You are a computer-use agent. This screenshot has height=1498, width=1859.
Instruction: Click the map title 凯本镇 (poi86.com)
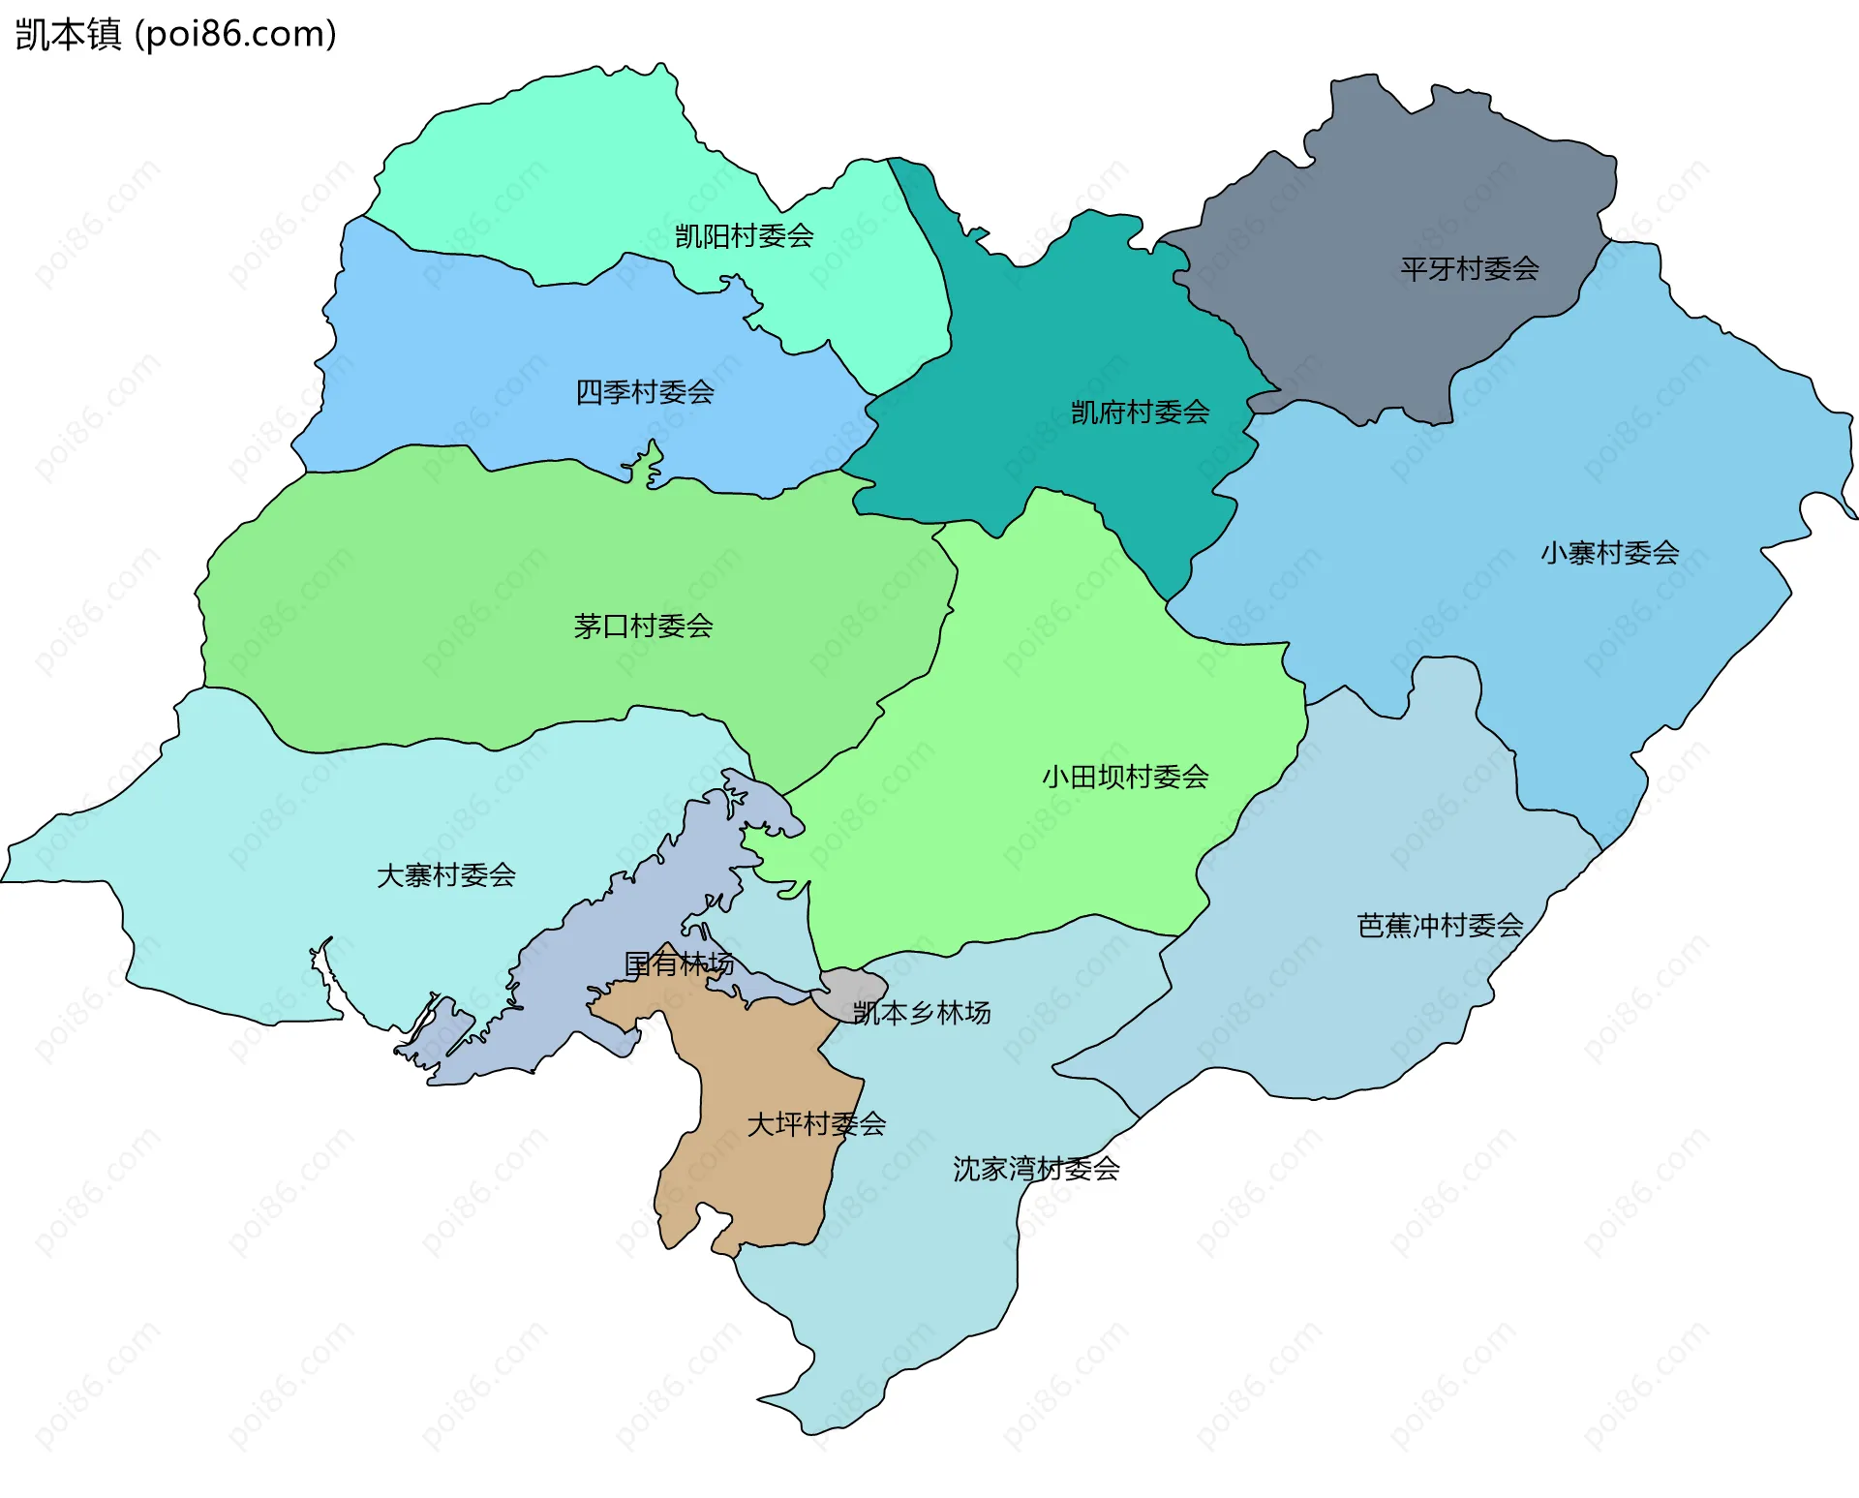[175, 34]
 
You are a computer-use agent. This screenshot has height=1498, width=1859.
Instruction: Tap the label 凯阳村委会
[744, 236]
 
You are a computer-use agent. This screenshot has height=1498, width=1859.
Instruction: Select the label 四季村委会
[645, 392]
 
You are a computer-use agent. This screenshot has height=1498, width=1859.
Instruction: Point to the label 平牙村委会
[1469, 269]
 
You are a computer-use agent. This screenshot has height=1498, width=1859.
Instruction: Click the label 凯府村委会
[1140, 413]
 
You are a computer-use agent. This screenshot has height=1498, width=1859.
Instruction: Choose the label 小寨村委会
[1609, 553]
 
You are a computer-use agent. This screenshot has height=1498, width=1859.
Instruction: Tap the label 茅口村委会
[643, 627]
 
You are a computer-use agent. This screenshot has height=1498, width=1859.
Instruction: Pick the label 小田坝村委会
[1125, 777]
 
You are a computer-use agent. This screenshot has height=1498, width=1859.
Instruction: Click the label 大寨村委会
[445, 875]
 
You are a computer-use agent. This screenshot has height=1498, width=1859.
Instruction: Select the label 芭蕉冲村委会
[1440, 926]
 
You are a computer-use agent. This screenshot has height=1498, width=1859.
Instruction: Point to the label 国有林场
[678, 963]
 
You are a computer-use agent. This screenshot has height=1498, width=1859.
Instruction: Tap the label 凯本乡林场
[921, 1013]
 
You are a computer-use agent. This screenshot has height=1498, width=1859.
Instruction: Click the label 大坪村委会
[816, 1124]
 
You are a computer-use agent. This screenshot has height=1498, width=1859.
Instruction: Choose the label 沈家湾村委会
[1036, 1169]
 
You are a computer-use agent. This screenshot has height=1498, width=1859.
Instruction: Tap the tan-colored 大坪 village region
[755, 1181]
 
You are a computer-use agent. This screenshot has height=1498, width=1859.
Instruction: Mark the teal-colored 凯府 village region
[1065, 329]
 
